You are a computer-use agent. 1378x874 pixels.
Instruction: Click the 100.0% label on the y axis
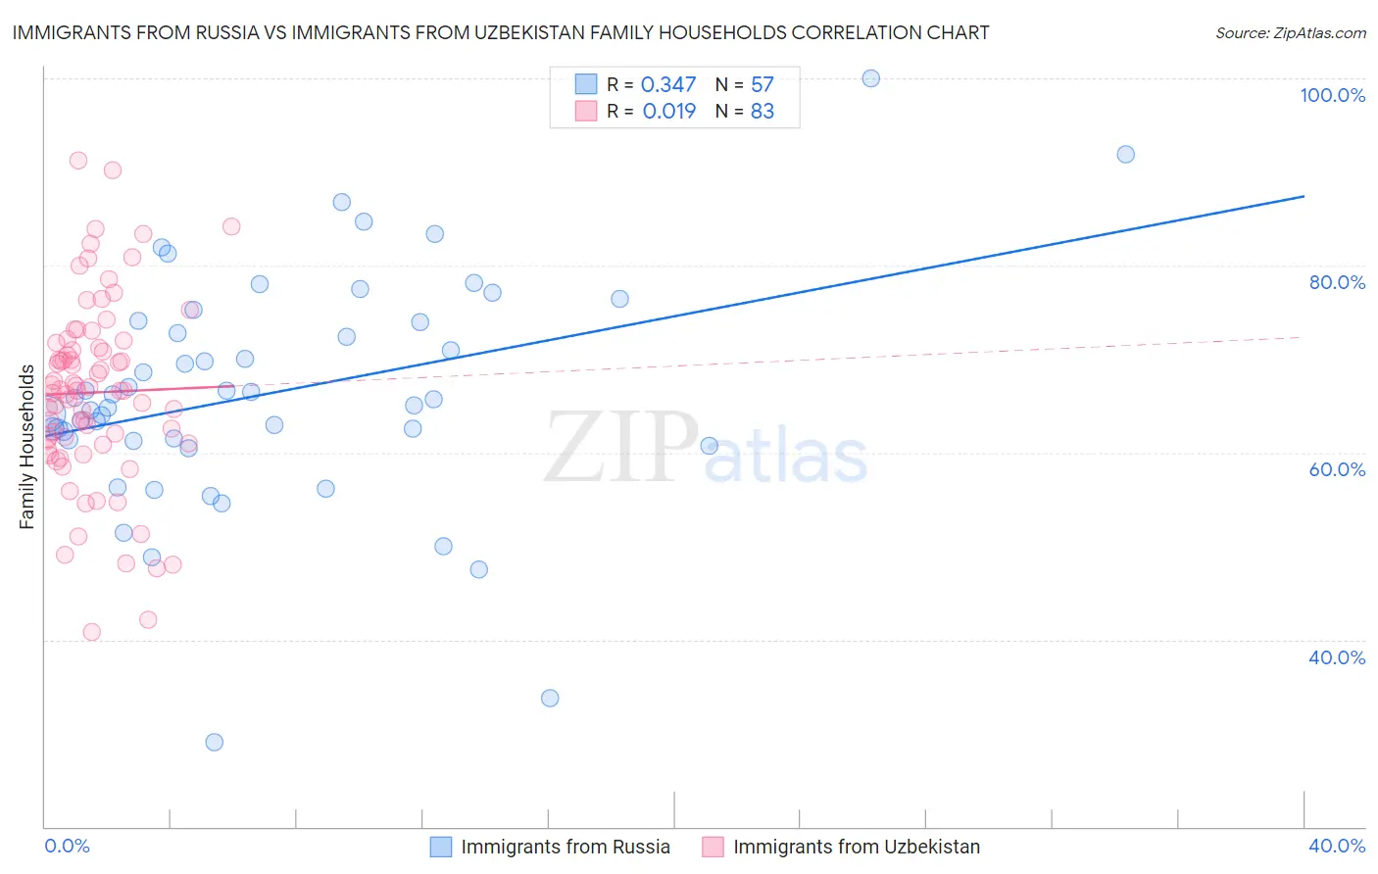(x=1332, y=95)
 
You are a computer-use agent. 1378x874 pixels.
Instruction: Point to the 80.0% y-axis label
(x=1337, y=282)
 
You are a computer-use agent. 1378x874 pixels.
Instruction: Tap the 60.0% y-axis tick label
(x=1337, y=469)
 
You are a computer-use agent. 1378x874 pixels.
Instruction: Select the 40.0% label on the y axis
(x=1337, y=657)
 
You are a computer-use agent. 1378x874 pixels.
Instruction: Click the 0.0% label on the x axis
(x=67, y=846)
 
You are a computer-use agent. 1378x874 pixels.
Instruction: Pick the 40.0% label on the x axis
(x=1337, y=846)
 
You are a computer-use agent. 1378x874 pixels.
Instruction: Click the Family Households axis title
(x=27, y=447)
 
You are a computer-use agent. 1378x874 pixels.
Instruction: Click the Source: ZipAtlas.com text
(x=1290, y=32)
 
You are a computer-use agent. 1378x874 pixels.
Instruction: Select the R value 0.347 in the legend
(x=668, y=85)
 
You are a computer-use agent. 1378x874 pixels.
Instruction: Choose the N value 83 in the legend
(x=762, y=111)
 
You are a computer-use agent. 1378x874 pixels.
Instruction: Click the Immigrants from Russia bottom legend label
(x=566, y=848)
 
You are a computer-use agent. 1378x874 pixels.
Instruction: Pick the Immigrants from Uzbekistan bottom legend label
(x=856, y=848)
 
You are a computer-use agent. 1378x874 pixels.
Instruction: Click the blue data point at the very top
(x=870, y=78)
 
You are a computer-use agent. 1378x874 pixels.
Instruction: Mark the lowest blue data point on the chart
(x=214, y=742)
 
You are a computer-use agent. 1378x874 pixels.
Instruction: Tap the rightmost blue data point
(x=1125, y=154)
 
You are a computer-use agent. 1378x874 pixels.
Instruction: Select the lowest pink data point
(x=91, y=632)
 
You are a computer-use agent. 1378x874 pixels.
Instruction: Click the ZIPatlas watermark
(x=706, y=449)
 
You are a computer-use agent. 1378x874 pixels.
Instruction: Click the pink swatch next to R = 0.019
(x=586, y=111)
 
